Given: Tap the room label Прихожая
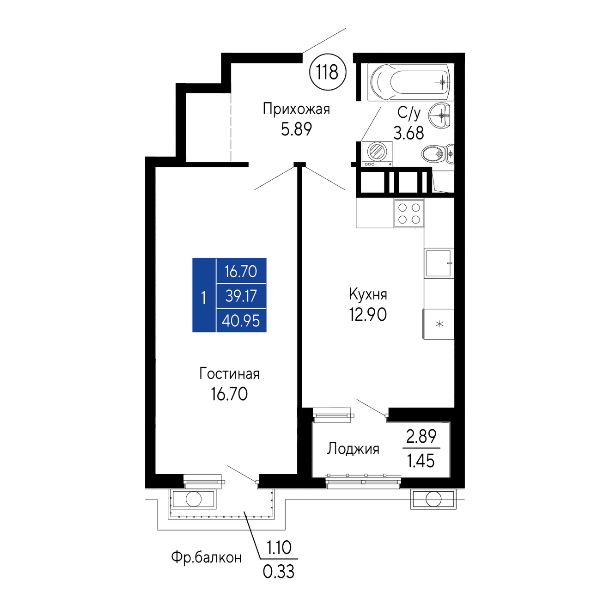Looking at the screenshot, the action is point(296,110).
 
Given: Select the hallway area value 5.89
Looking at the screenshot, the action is point(296,129).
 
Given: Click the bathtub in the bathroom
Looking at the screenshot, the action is point(410,82).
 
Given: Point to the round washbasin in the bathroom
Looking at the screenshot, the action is point(439,115).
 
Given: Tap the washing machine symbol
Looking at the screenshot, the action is point(377,154).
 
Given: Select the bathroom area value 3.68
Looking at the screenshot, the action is point(409,133).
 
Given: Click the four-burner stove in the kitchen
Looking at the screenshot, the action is point(409,213).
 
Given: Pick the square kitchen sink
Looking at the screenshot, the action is point(439,263).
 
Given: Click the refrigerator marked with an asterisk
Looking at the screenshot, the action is point(439,324).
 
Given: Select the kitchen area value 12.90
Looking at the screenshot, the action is point(368,315).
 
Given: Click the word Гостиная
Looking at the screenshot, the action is point(230,373).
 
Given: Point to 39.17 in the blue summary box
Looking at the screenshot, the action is point(241,296).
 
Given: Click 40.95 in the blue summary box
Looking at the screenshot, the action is point(241,321).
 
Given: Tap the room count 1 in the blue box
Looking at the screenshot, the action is point(203,298).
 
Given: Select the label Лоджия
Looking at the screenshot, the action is point(353,449).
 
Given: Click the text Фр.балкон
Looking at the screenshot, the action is point(207,557).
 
